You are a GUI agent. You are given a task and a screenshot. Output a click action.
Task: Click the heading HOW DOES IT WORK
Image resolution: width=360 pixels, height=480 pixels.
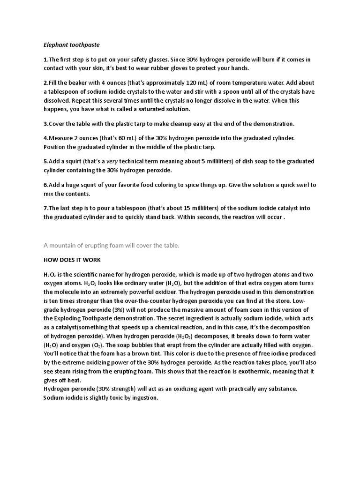point(72,260)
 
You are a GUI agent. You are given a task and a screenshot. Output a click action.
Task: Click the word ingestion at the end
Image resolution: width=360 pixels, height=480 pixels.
point(144,398)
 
